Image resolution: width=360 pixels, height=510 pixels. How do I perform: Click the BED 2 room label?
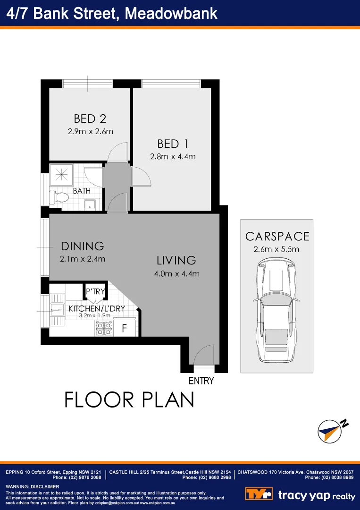pyautogui.click(x=90, y=119)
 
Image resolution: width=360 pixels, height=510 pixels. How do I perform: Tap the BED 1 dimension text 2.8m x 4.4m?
pyautogui.click(x=173, y=157)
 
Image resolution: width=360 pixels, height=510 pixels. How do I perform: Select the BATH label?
pyautogui.click(x=82, y=191)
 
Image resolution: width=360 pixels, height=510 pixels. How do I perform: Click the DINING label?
pyautogui.click(x=82, y=246)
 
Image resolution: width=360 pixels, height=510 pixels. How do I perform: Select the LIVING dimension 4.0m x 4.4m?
pyautogui.click(x=177, y=273)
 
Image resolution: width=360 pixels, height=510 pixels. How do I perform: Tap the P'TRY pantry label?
pyautogui.click(x=95, y=292)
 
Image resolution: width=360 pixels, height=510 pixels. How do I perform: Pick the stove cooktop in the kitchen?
pyautogui.click(x=104, y=328)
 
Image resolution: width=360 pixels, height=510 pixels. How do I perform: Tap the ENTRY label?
pyautogui.click(x=201, y=381)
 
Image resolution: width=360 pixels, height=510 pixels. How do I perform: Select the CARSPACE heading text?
pyautogui.click(x=277, y=237)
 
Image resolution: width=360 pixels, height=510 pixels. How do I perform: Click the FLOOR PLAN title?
pyautogui.click(x=129, y=400)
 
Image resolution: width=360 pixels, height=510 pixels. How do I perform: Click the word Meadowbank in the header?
pyautogui.click(x=171, y=13)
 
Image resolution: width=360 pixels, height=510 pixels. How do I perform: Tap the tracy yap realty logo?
pyautogui.click(x=300, y=495)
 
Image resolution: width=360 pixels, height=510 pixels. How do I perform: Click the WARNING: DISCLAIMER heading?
pyautogui.click(x=32, y=486)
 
